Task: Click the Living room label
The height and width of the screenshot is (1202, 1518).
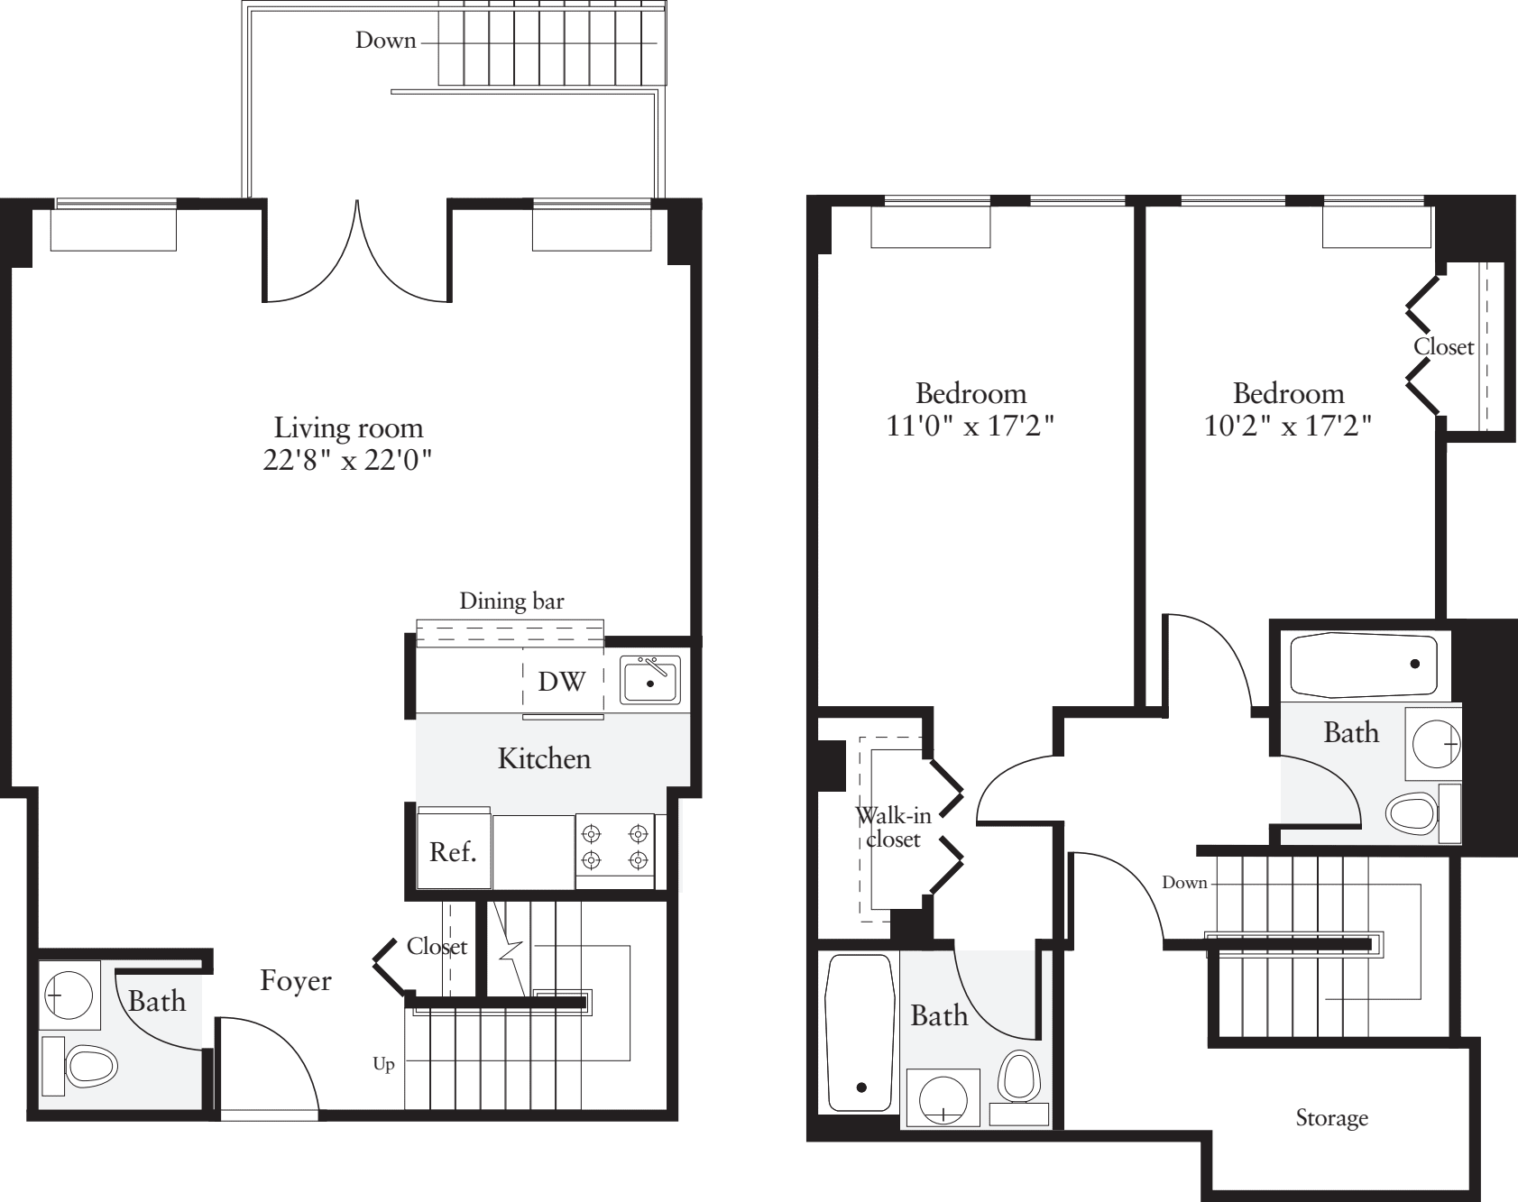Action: point(348,427)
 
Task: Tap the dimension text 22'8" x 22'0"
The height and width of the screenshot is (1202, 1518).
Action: point(348,460)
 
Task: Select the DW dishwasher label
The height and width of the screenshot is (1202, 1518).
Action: point(561,682)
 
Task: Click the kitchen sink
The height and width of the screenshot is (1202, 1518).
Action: point(649,680)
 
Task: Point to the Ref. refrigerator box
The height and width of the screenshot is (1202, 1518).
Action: point(453,852)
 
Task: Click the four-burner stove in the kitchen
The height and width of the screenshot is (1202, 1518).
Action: point(615,846)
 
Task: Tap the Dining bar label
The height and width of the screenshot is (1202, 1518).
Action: point(511,601)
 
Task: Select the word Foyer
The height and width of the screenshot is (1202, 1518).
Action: point(296,981)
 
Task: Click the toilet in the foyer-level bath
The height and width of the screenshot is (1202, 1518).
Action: point(90,1066)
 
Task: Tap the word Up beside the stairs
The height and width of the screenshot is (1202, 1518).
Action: point(383,1065)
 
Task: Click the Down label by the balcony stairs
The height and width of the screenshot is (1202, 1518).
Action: point(385,41)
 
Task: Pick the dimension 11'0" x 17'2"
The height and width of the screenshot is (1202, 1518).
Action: point(971,426)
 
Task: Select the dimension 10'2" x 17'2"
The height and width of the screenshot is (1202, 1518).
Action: point(1288,426)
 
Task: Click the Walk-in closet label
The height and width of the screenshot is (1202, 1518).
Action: point(893,828)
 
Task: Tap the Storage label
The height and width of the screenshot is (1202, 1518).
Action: point(1331,1119)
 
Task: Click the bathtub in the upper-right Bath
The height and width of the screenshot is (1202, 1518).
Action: point(1364,665)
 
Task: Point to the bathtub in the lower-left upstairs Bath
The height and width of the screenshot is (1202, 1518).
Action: point(860,1033)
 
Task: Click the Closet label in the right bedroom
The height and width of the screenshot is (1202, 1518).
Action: point(1443,347)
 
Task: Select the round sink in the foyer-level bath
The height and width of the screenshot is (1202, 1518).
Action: point(69,996)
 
